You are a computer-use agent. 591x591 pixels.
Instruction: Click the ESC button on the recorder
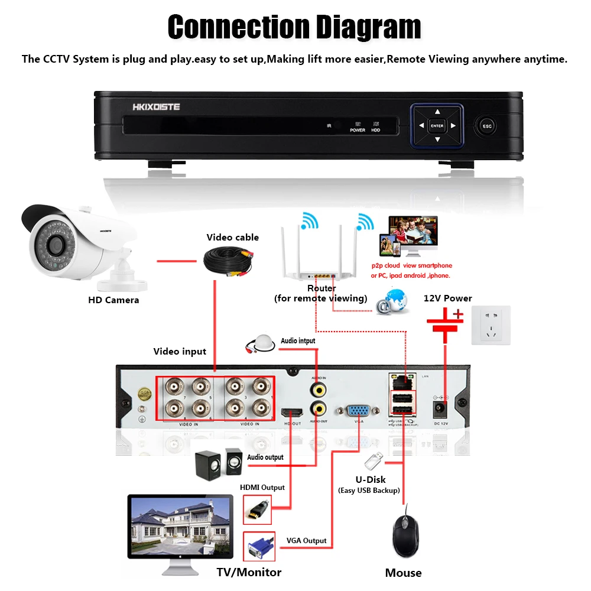coord(487,126)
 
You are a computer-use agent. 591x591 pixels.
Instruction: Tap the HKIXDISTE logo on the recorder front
coord(157,107)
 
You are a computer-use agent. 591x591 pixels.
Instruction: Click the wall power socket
coord(491,325)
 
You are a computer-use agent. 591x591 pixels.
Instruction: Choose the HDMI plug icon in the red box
coord(258,509)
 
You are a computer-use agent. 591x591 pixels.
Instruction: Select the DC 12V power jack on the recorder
coord(440,408)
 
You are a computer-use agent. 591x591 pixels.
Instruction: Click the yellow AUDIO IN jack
coord(319,389)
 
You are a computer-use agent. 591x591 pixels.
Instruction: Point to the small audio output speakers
coord(218,462)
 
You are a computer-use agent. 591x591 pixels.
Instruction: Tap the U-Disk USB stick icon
coord(373,460)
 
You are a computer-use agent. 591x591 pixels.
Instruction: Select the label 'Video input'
coord(180,352)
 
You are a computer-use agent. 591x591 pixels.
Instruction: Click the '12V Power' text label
coord(448,298)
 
